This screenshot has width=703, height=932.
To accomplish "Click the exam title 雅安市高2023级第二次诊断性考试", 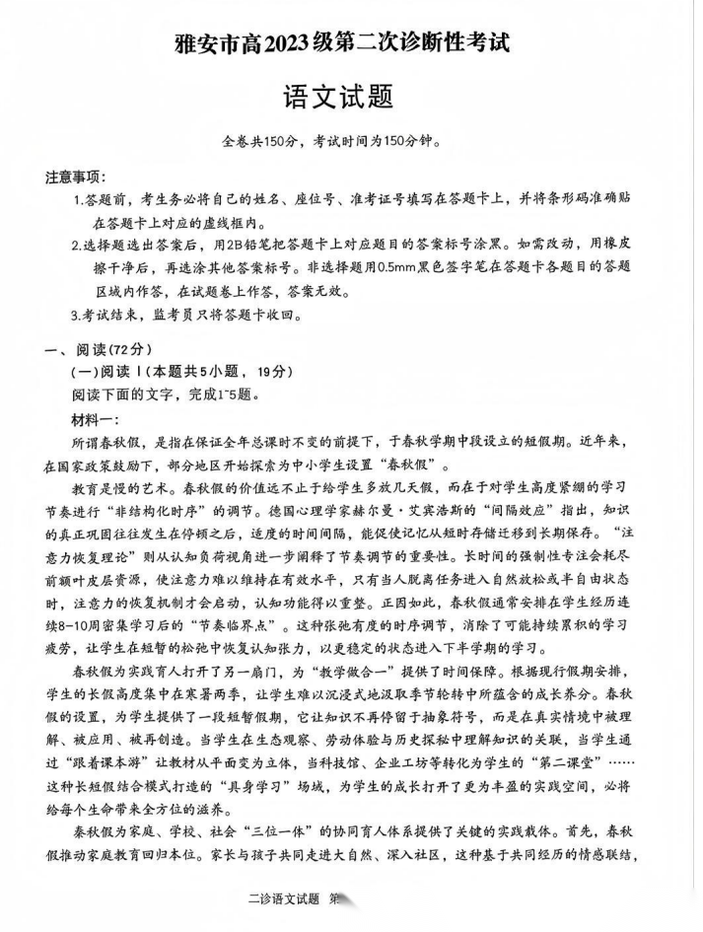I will (350, 44).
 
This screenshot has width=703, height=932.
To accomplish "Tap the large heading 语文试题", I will (350, 97).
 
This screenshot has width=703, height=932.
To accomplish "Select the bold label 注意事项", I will (75, 178).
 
